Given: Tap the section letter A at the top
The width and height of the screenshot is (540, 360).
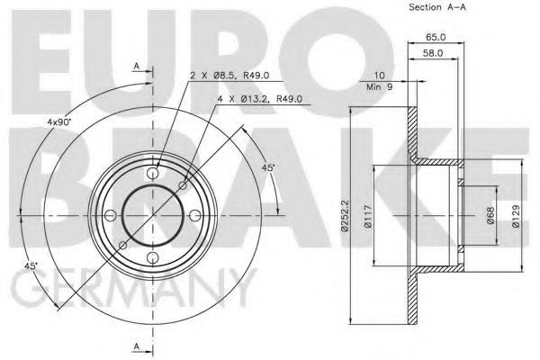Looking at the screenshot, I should pos(135,67).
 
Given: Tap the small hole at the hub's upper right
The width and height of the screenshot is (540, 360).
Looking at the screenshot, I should pos(184,184).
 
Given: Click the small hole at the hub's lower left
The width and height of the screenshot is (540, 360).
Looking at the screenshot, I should pos(123,245).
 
